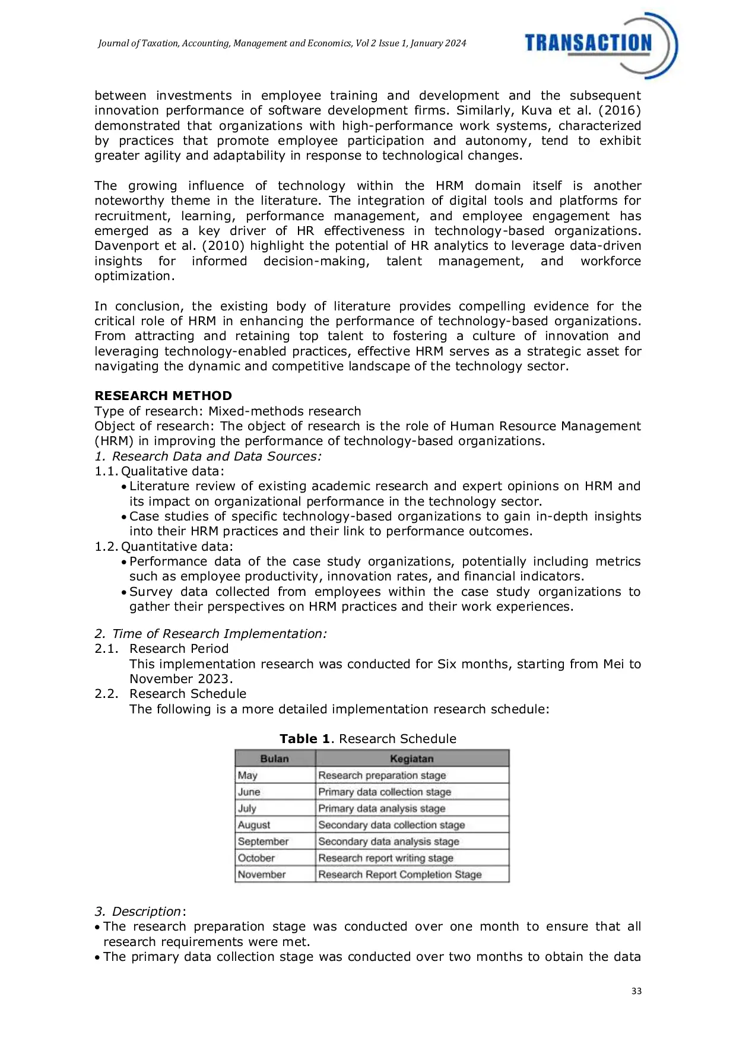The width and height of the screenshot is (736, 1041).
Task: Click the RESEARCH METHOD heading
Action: tap(163, 396)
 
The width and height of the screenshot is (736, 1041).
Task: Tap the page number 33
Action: tap(636, 991)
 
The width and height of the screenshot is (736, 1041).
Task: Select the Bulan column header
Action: tap(274, 758)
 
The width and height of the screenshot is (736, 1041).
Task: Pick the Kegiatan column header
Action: tap(412, 758)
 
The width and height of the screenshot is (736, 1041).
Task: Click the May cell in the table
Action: tap(248, 775)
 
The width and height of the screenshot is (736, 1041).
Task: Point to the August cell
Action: tap(254, 825)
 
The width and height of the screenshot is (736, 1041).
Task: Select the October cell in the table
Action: tap(256, 858)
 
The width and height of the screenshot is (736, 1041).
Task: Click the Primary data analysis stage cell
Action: tap(382, 808)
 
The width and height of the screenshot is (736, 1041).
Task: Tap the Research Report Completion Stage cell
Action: tap(400, 875)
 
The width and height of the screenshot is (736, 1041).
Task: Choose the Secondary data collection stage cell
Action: tap(392, 825)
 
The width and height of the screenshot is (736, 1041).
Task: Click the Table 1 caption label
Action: tap(305, 739)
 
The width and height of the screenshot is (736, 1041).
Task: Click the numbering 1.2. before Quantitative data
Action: tap(106, 547)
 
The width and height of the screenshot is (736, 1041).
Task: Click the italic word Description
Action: tap(147, 912)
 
